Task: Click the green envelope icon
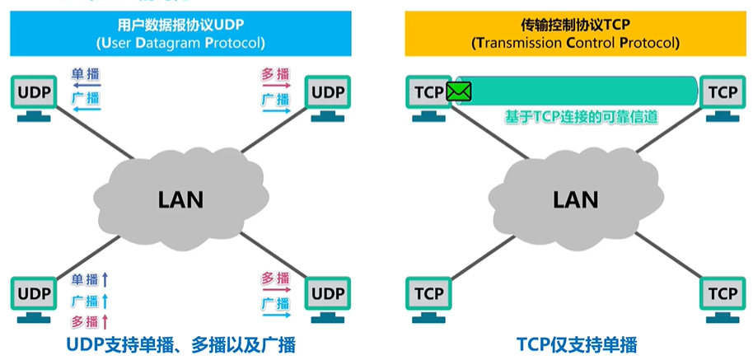click(x=459, y=91)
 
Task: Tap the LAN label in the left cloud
click(x=180, y=199)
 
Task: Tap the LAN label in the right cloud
click(x=576, y=199)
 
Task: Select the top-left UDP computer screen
click(x=34, y=92)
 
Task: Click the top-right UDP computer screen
click(x=329, y=92)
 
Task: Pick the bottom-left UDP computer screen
click(x=34, y=293)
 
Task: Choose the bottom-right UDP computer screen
click(x=329, y=293)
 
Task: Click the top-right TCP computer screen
click(x=723, y=92)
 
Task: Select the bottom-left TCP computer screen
click(x=429, y=293)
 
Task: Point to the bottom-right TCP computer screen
click(x=723, y=293)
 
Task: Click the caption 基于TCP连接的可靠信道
click(x=581, y=118)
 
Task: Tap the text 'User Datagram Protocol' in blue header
click(x=180, y=43)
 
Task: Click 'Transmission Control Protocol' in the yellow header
click(x=575, y=43)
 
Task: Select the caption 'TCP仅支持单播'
click(x=577, y=344)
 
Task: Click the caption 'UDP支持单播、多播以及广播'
click(x=180, y=344)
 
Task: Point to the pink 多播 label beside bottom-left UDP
click(x=85, y=321)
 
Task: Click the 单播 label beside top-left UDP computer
click(x=86, y=74)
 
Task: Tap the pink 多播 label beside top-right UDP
click(x=276, y=74)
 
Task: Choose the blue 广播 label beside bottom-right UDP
click(x=276, y=303)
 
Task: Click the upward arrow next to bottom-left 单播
click(x=105, y=279)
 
